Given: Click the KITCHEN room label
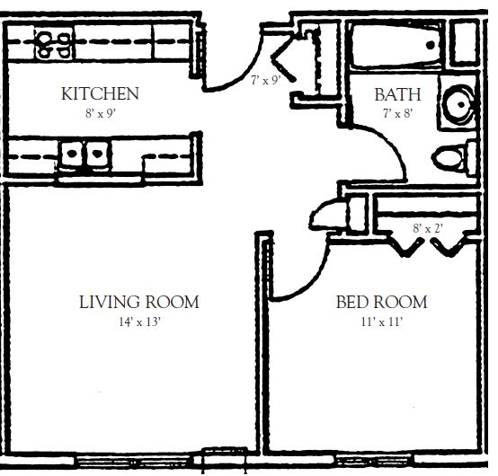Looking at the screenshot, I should click(99, 93).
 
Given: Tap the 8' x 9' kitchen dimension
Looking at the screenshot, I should click(99, 113).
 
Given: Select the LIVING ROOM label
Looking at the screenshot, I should click(138, 302).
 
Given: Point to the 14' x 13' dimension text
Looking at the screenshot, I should click(138, 322).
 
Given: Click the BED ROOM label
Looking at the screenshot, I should click(381, 302).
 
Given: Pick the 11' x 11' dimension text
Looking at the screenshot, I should click(381, 322).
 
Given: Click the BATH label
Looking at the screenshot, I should click(396, 93).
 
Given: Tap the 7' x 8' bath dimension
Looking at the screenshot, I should click(396, 113).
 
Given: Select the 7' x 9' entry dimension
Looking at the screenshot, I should click(266, 79).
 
